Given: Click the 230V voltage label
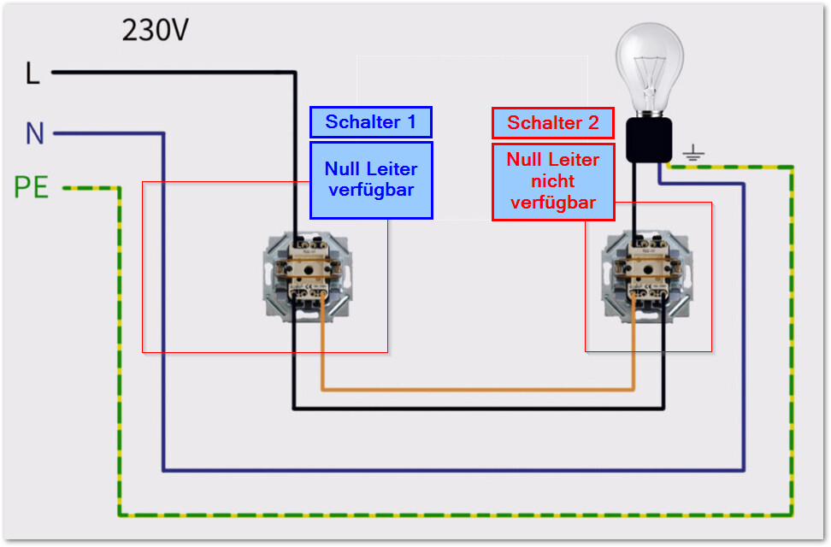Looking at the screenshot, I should [x=155, y=31].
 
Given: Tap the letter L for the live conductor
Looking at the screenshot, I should [x=32, y=74].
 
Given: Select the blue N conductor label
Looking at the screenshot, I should [x=34, y=133].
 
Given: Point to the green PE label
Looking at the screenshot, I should [x=32, y=187].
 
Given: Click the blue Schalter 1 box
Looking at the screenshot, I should [x=371, y=122].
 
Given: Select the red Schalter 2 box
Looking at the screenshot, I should [x=553, y=123].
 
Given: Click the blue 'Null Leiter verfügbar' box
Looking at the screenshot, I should [x=371, y=179].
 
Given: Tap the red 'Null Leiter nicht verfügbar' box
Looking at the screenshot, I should [x=553, y=181].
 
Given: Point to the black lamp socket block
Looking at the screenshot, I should [x=649, y=139].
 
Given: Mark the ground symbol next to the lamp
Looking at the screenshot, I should [x=693, y=154].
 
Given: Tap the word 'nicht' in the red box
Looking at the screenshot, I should [x=553, y=181].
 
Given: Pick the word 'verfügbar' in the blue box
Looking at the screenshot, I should [x=371, y=190].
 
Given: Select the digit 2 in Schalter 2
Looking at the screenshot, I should [x=593, y=123].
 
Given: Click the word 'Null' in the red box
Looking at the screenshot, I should [x=523, y=160].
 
